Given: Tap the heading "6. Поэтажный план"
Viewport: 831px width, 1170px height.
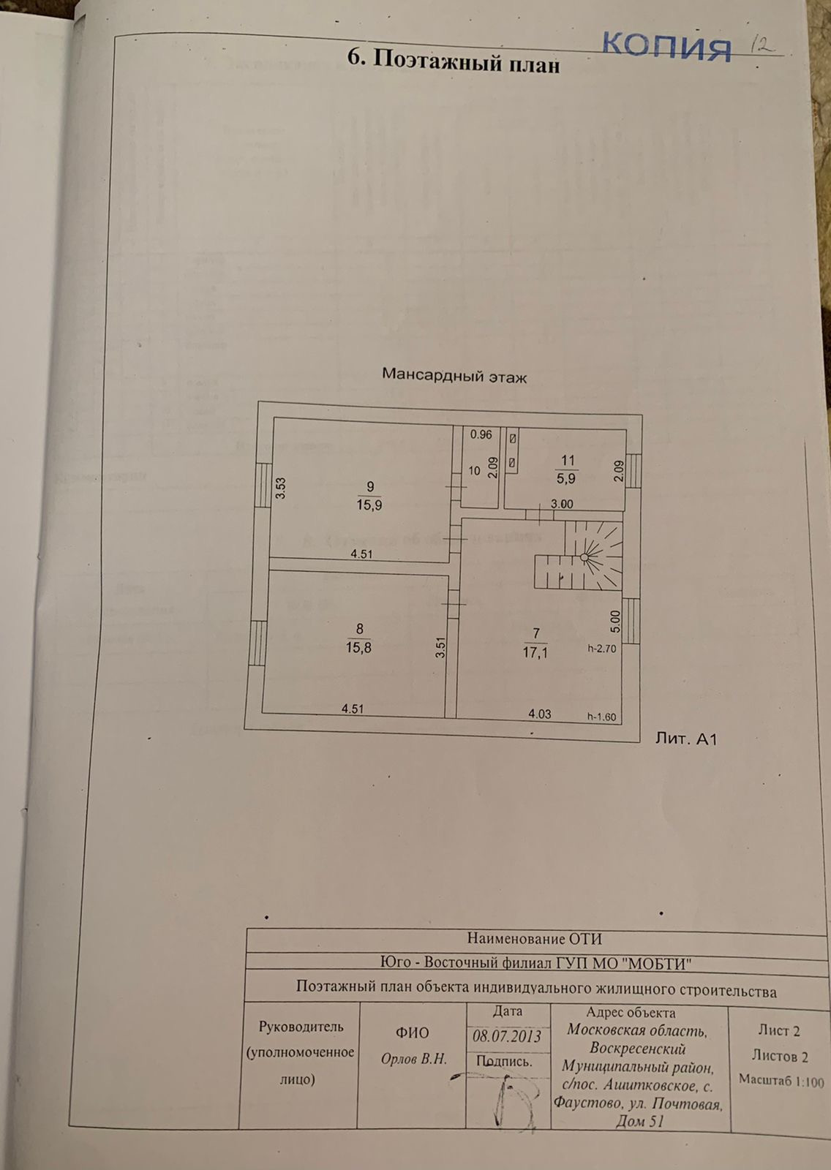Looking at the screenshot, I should [454, 61].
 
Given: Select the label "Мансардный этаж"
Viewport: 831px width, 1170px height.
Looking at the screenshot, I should [454, 377].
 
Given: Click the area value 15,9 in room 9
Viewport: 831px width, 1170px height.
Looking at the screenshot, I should [369, 505].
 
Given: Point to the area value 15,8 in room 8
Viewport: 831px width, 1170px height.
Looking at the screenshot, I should [358, 647].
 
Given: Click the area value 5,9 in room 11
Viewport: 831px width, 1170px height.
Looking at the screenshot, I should [567, 479].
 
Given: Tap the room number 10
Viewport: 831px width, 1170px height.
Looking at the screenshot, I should [474, 471].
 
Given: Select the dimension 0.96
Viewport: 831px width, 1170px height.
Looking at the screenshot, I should [481, 434].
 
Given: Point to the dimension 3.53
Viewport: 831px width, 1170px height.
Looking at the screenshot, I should [279, 488].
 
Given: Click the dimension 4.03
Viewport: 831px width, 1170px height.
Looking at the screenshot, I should [540, 713].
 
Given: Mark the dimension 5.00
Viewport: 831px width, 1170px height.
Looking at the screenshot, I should [615, 622].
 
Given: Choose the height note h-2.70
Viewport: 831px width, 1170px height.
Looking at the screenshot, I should [602, 648].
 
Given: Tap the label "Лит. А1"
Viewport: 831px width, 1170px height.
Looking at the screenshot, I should [685, 739].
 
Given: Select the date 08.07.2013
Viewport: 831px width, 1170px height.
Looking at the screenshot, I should [507, 1036].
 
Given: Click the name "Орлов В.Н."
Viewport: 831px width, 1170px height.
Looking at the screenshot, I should [413, 1059].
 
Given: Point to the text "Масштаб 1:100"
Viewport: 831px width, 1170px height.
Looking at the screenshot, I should [781, 1080].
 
